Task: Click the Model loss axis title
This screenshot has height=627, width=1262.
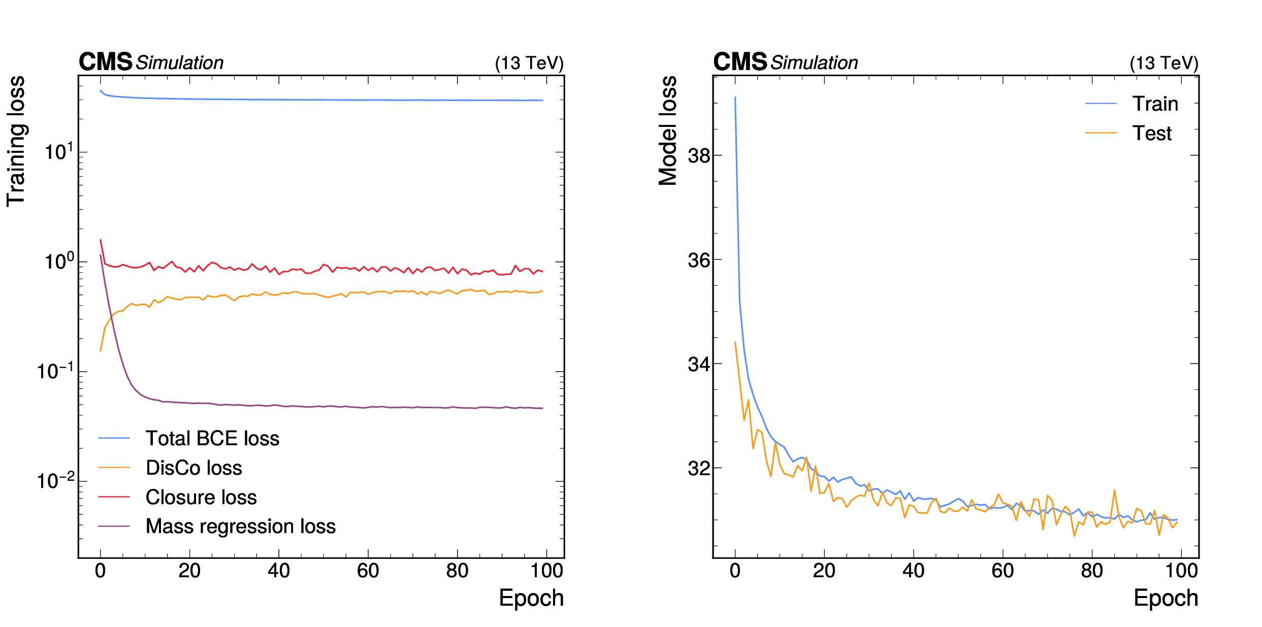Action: (x=668, y=131)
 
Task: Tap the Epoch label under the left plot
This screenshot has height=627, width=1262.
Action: (x=531, y=598)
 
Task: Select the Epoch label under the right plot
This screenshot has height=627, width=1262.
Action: (x=1166, y=598)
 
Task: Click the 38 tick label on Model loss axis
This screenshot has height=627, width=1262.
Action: (x=698, y=156)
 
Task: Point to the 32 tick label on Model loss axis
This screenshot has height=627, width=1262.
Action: (x=698, y=468)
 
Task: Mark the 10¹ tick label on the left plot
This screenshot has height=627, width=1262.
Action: (x=59, y=152)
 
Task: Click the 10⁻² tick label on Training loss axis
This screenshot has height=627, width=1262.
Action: (x=55, y=481)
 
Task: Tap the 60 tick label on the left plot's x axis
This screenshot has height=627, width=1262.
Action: (x=368, y=571)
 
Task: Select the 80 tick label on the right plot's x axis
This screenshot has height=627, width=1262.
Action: (x=1092, y=571)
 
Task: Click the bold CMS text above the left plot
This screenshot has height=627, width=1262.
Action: (x=105, y=62)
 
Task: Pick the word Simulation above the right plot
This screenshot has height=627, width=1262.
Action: (x=814, y=63)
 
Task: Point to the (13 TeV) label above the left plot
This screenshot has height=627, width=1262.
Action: (x=529, y=63)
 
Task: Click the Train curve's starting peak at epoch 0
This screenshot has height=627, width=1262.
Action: (x=735, y=97)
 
